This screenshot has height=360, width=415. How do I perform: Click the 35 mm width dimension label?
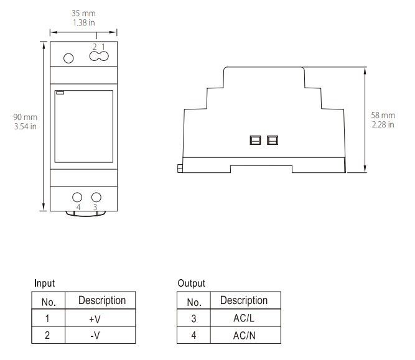coord(83,12)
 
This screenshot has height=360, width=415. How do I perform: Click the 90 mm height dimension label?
coord(26,117)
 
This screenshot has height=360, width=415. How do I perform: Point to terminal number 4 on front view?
coord(78,207)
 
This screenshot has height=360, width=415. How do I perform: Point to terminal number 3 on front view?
coord(95,207)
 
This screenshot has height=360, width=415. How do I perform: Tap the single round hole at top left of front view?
coord(69,58)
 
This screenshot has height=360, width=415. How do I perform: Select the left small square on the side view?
coord(254,140)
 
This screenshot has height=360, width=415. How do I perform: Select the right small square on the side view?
coord(272,140)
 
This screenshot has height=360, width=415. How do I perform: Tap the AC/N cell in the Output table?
coord(243,335)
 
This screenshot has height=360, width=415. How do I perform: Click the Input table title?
coord(44,283)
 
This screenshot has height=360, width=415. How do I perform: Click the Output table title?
coord(191,283)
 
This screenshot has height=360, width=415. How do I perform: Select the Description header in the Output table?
coord(243,300)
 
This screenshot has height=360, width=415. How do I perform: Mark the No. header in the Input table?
coord(49,302)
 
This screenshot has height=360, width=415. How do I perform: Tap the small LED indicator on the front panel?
coord(60,94)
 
